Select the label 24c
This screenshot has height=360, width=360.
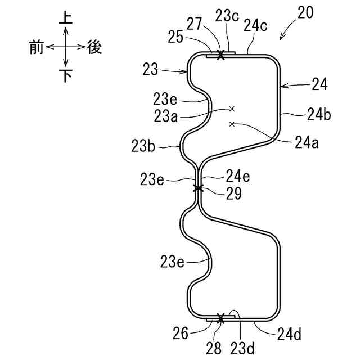pyautogui.click(x=255, y=25)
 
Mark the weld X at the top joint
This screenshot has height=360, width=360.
pyautogui.click(x=220, y=55)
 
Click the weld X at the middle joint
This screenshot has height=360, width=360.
pyautogui.click(x=198, y=188)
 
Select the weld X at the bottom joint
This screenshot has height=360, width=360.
pyautogui.click(x=220, y=319)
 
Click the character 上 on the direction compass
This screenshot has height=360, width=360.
pyautogui.click(x=66, y=18)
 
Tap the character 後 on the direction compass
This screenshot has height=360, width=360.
pyautogui.click(x=94, y=48)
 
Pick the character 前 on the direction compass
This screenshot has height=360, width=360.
pyautogui.click(x=37, y=48)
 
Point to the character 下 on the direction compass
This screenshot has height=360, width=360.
pyautogui.click(x=66, y=76)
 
